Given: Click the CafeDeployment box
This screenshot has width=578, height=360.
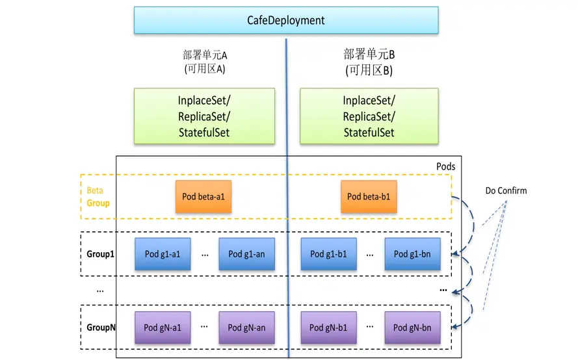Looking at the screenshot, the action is click(x=286, y=20).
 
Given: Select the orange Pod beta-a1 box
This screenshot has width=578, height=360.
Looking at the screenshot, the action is click(x=204, y=196).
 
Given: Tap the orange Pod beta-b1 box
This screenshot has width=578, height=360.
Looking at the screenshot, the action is click(x=369, y=196).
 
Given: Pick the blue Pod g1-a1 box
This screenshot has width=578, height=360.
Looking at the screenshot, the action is click(x=163, y=254).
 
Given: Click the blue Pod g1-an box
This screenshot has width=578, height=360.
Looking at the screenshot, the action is click(x=246, y=254).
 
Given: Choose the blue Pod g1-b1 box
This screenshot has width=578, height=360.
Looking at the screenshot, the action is click(x=328, y=254).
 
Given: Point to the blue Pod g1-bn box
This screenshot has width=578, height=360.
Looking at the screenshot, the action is click(x=412, y=254).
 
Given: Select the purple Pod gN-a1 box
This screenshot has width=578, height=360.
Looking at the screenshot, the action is click(x=163, y=328).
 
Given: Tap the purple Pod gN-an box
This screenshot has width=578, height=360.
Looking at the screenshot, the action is click(x=246, y=328).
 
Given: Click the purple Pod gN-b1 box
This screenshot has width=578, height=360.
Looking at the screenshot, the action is click(x=328, y=328).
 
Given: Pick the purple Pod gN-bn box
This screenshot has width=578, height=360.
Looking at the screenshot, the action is click(x=412, y=328).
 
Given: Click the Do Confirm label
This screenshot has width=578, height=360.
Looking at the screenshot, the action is click(x=506, y=190).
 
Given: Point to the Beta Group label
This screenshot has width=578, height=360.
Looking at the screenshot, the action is click(x=98, y=197).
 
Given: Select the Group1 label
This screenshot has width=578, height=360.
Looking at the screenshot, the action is click(x=100, y=254).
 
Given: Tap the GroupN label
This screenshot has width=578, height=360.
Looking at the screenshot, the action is click(x=101, y=328).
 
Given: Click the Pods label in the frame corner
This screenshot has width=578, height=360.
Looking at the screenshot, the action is click(x=445, y=166).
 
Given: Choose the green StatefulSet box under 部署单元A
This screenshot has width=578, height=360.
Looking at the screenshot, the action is click(x=204, y=116).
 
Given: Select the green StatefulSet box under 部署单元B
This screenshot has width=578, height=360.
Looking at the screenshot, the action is click(x=369, y=116).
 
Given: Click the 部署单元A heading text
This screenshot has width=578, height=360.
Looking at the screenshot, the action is click(x=205, y=55).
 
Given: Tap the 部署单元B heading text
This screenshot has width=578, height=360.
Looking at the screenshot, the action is click(x=369, y=55).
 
